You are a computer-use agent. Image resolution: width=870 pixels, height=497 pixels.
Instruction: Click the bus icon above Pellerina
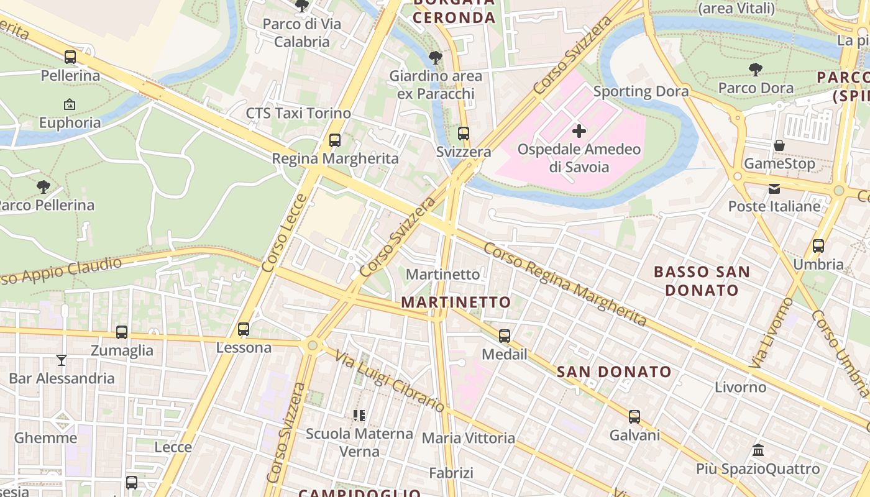click(x=70, y=57)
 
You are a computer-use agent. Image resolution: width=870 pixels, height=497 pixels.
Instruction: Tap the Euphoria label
click(x=70, y=122)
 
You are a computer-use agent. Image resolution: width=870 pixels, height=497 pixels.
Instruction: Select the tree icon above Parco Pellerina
click(x=43, y=186)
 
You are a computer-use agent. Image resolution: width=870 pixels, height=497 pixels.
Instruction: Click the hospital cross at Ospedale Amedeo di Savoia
click(x=579, y=131)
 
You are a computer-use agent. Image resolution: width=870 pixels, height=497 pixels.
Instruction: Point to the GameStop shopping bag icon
click(x=779, y=145)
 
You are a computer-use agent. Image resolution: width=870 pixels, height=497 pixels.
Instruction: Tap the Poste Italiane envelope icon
click(x=774, y=188)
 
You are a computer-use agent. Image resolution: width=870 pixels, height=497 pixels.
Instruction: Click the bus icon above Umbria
click(x=818, y=246)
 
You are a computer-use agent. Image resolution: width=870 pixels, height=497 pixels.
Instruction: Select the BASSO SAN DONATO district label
click(x=702, y=281)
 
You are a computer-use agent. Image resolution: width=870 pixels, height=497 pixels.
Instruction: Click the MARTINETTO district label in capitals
click(x=456, y=303)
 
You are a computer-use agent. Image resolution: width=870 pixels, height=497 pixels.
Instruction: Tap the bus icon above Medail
click(x=505, y=336)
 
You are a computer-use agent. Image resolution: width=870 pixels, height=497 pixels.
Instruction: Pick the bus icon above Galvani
click(x=634, y=417)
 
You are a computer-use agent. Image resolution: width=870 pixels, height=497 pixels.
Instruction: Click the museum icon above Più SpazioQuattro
click(x=758, y=450)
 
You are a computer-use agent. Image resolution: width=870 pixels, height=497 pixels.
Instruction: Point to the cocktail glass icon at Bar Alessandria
click(x=62, y=360)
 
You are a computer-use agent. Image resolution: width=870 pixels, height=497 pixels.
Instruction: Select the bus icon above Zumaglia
click(x=122, y=332)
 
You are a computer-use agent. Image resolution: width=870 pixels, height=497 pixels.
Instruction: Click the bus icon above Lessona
click(x=244, y=329)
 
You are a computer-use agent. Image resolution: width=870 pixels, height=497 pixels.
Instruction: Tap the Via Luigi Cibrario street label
click(x=390, y=381)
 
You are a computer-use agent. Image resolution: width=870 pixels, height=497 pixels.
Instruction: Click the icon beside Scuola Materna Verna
click(x=359, y=415)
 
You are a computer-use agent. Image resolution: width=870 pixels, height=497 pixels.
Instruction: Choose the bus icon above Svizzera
click(x=464, y=134)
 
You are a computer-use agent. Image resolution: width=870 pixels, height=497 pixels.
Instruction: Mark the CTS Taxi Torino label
click(x=298, y=113)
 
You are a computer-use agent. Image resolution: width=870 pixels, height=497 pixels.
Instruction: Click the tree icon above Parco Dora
click(x=756, y=69)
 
